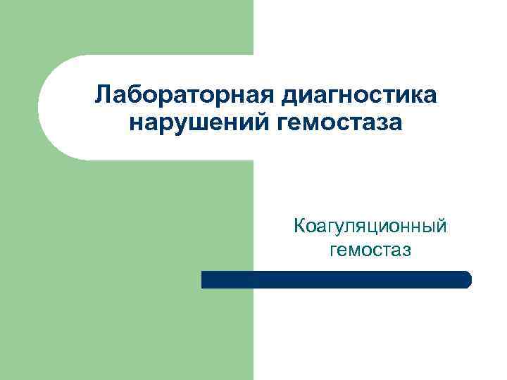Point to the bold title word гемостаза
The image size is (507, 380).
pyautogui.click(x=339, y=123)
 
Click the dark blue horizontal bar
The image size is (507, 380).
pyautogui.click(x=336, y=279)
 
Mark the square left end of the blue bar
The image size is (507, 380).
pyautogui.click(x=204, y=279)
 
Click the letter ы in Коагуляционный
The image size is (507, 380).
pyautogui.click(x=429, y=227)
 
